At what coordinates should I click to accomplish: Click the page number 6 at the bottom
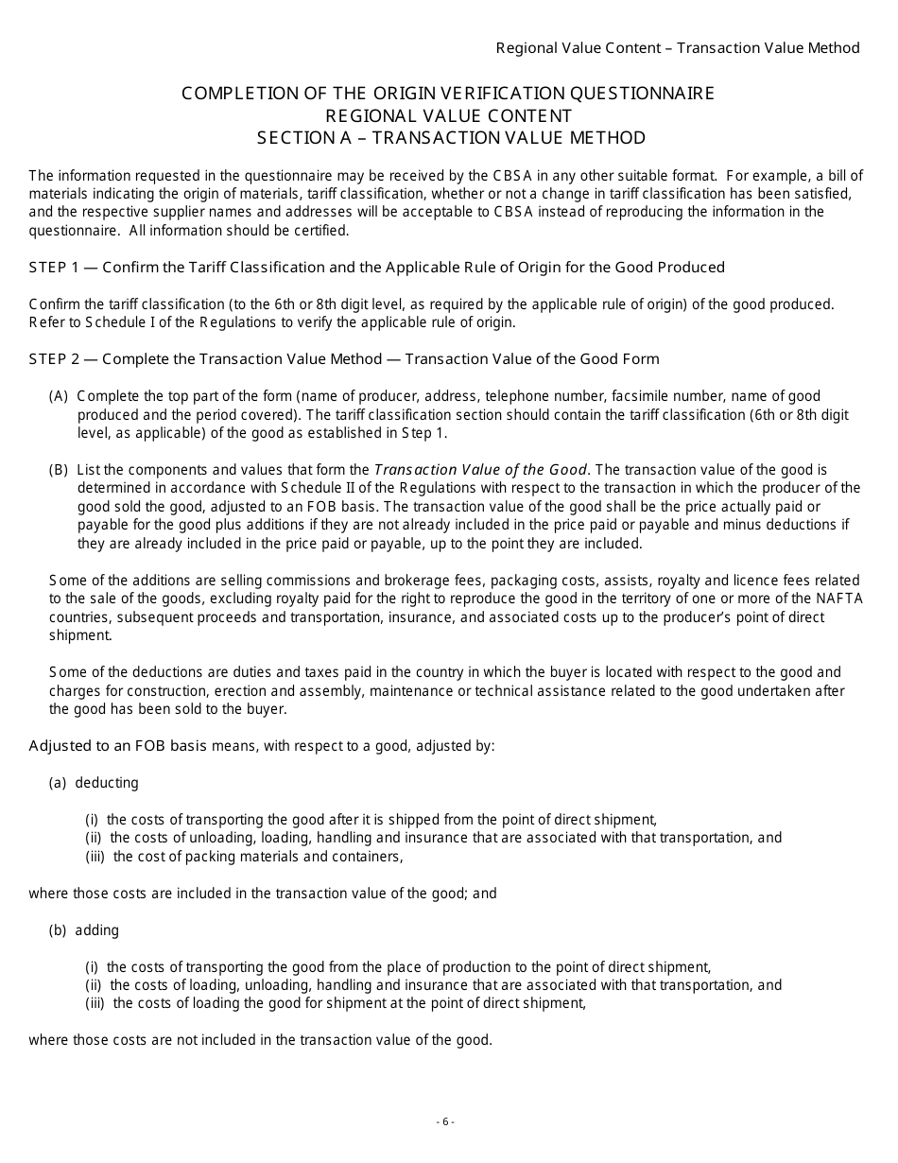(445, 1122)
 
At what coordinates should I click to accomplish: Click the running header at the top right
(678, 48)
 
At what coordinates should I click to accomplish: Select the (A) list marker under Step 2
(59, 396)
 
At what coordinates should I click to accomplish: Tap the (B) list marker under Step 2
(59, 470)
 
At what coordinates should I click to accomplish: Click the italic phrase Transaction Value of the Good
(481, 470)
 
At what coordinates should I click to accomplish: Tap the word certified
(320, 231)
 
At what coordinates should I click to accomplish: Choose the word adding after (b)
(97, 930)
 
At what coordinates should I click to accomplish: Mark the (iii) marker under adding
(96, 1003)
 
